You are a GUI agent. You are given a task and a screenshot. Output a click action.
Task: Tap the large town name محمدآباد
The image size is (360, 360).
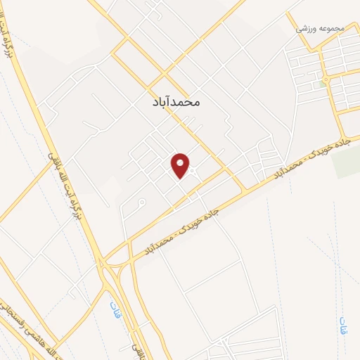pyautogui.click(x=176, y=101)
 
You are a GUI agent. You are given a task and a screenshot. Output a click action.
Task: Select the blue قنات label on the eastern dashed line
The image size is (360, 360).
pyautogui.click(x=342, y=321)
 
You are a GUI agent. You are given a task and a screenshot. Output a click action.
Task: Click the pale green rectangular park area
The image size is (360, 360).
pyautogui.click(x=345, y=163)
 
